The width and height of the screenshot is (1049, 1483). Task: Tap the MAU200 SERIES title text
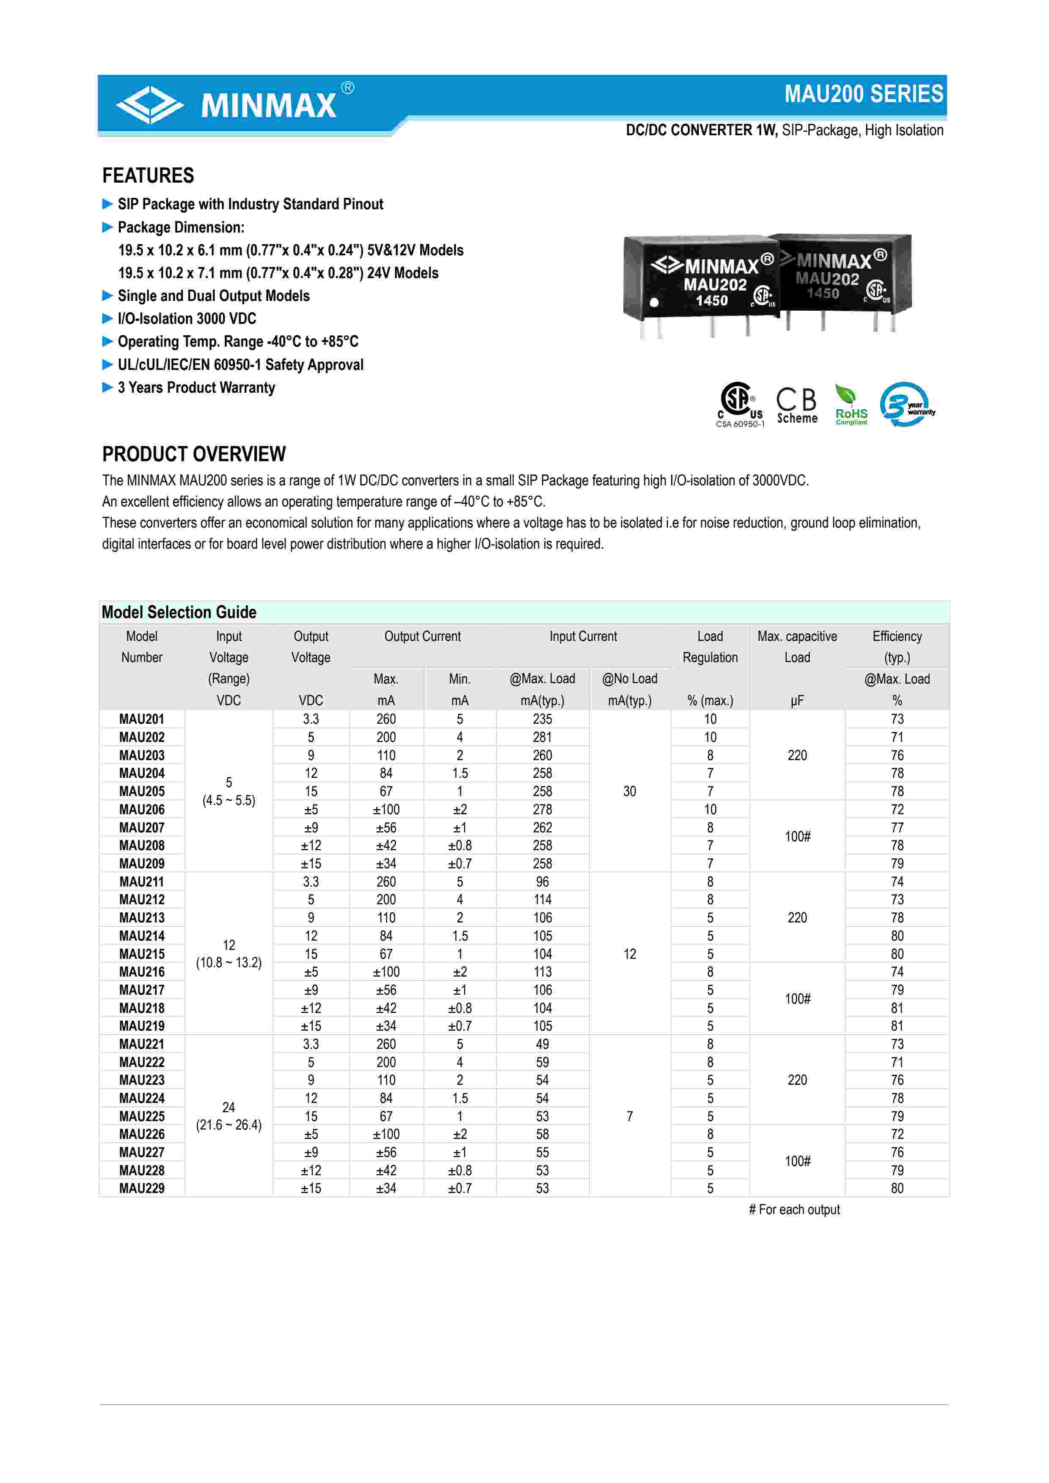coord(864,94)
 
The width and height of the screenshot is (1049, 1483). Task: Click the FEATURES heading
coord(148,176)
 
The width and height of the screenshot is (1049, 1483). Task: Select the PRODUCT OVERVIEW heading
coord(193,454)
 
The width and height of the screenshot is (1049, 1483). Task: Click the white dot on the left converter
coord(654,302)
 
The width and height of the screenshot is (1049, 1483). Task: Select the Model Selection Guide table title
coord(179,612)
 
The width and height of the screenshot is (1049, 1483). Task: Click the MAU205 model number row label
coord(142,791)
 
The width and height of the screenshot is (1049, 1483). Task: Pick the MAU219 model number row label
coord(142,1026)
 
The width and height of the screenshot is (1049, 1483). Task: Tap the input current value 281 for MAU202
coord(542,737)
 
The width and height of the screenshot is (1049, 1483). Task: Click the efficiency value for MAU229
coord(897,1188)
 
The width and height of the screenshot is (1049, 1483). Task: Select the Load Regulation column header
coord(710,646)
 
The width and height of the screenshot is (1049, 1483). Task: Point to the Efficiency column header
coord(897,646)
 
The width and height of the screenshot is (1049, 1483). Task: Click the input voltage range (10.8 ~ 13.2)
coord(229,963)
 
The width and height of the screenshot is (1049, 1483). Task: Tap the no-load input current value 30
coord(630,791)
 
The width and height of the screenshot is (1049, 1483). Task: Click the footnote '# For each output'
coord(794,1210)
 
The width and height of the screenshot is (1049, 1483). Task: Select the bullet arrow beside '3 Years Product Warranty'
coord(107,388)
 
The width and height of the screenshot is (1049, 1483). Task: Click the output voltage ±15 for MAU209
coord(311,864)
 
